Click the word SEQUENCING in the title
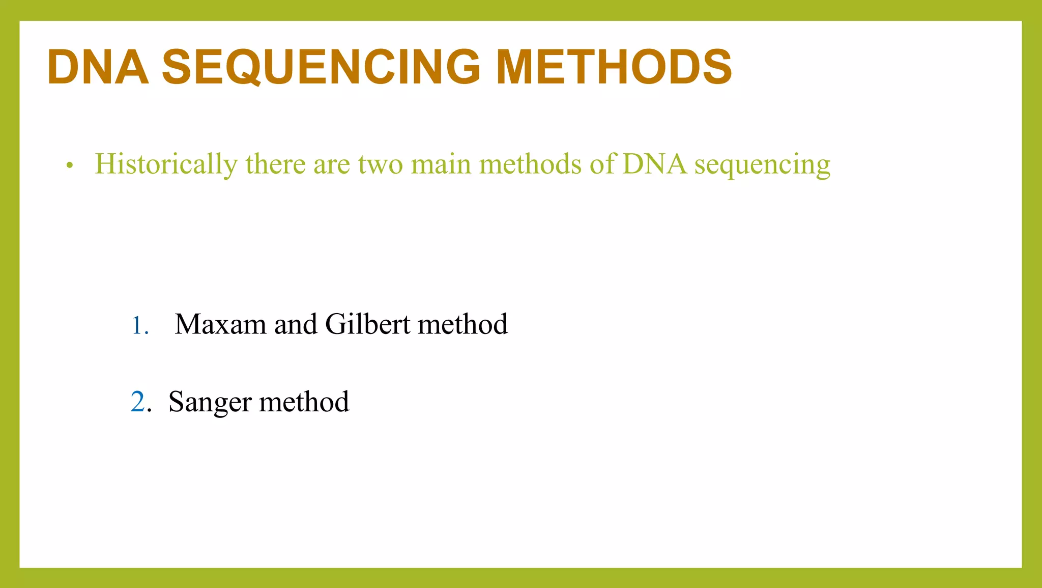[x=321, y=67]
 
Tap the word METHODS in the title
[x=614, y=67]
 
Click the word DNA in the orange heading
[x=98, y=67]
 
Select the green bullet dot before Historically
[x=70, y=165]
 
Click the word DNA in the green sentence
[x=654, y=164]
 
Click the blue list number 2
[x=138, y=402]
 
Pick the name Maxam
[x=220, y=324]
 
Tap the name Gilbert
[x=367, y=324]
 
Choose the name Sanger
[x=210, y=403]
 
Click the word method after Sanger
[x=304, y=402]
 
